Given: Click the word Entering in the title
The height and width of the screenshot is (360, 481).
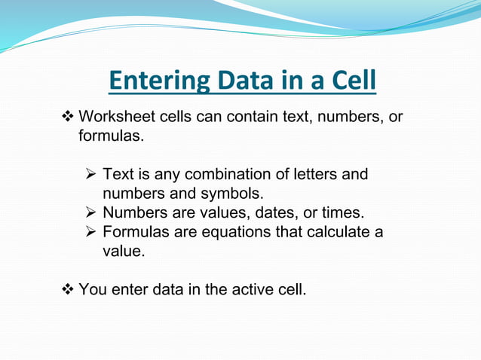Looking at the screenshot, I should [158, 81].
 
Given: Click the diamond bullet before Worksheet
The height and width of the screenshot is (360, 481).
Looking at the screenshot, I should [66, 117].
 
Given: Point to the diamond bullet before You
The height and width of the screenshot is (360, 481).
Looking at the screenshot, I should [66, 288].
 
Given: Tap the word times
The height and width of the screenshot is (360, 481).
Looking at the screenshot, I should [344, 212].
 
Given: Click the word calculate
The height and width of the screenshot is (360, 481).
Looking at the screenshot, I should [335, 232].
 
